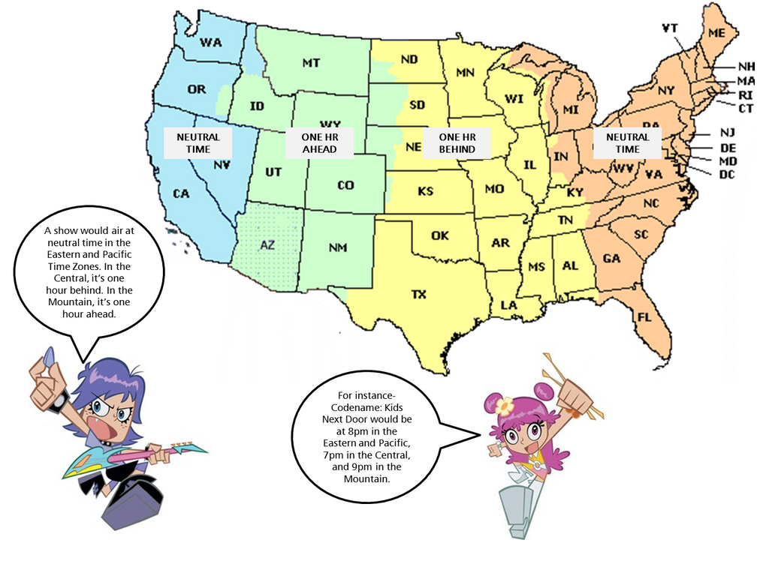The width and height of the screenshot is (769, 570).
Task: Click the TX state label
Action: (418, 295)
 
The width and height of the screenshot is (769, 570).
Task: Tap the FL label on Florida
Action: (644, 316)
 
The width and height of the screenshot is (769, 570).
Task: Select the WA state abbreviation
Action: (211, 43)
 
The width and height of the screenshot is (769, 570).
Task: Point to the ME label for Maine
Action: (716, 32)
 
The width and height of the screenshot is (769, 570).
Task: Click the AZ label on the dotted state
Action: (267, 244)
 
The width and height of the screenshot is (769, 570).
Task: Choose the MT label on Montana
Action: (311, 64)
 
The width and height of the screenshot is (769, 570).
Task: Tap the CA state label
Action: (181, 193)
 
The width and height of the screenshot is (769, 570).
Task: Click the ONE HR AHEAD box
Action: (319, 143)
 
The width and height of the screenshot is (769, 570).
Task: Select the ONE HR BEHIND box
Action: (457, 143)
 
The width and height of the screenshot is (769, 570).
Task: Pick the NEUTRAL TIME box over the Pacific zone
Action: (198, 143)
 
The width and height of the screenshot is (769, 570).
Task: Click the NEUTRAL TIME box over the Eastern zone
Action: (627, 143)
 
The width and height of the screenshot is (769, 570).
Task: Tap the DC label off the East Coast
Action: (727, 175)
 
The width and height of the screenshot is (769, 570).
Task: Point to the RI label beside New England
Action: (745, 95)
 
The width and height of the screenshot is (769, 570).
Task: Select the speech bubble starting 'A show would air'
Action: (89, 272)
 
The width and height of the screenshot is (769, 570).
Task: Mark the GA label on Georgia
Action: (611, 258)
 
